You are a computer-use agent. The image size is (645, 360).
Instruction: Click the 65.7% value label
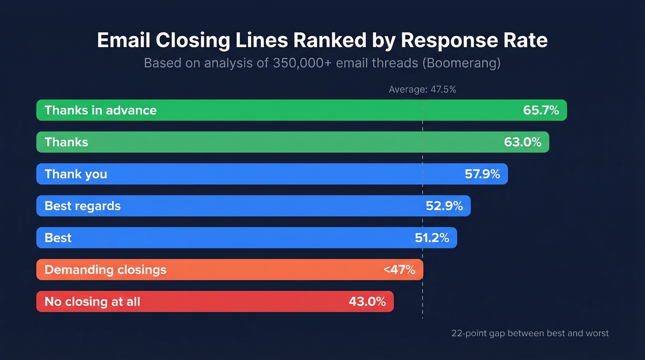coord(541,110)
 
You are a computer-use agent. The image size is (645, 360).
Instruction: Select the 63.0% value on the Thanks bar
coord(522,142)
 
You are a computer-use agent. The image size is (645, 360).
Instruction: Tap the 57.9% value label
coord(482,174)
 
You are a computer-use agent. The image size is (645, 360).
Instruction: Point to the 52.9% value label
coord(444,206)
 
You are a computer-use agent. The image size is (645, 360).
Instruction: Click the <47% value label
coord(399,270)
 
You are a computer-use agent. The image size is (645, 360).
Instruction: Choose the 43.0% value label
coord(367,301)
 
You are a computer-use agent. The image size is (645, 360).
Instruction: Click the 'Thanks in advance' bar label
coord(100,110)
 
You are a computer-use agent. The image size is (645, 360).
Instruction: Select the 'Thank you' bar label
coord(76,174)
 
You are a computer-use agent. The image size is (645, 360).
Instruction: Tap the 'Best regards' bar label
coord(82,206)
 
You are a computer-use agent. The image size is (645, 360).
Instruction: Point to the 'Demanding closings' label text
coord(105,270)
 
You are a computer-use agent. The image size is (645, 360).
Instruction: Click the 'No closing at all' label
coord(92,301)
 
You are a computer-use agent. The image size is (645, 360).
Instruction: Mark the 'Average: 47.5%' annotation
coord(422,89)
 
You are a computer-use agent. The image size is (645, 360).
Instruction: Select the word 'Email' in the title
coord(123,41)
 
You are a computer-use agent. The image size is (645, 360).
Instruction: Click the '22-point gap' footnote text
coord(530,333)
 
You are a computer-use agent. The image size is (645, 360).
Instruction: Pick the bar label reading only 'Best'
coord(58,237)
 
